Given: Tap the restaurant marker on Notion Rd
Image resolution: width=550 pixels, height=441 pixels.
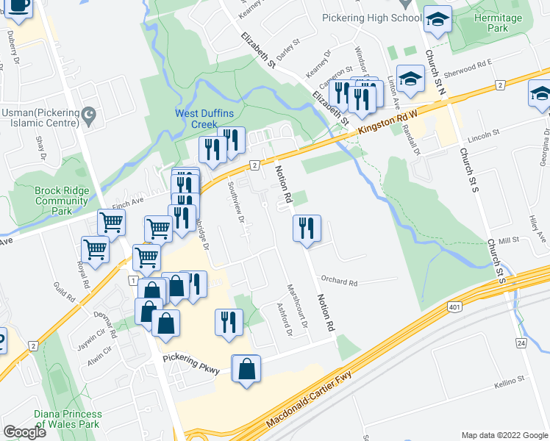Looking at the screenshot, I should point(307,229).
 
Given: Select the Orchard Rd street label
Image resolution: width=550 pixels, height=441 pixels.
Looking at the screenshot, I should point(338,282).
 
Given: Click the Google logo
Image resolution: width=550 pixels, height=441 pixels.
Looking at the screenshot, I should point(24,431).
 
